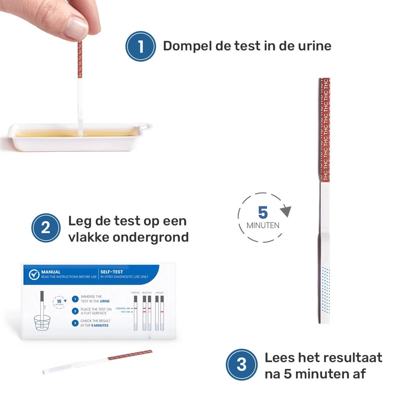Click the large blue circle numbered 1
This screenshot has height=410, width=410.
(x=140, y=46)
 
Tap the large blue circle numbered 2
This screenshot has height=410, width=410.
(x=46, y=228)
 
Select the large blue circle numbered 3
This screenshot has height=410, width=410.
(x=241, y=365)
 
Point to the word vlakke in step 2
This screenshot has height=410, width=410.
(x=88, y=237)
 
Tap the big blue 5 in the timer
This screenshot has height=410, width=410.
(x=263, y=213)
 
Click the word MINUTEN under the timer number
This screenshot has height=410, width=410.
(x=263, y=225)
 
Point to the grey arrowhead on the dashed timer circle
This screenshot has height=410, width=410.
(x=286, y=211)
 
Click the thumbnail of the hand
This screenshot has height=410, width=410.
(x=77, y=26)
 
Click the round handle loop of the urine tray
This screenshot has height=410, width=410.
(x=146, y=127)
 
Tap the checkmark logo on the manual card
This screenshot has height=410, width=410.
(x=34, y=274)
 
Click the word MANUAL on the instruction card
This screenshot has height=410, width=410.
(x=51, y=272)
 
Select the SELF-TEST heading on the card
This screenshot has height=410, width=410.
(x=111, y=272)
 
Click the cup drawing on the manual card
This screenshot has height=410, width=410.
(x=42, y=323)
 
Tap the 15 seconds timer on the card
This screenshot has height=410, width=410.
(x=59, y=302)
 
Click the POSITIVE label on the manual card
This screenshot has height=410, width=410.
(x=135, y=293)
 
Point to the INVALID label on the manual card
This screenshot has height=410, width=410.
(x=160, y=293)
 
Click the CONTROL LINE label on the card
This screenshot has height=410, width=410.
(x=123, y=309)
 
